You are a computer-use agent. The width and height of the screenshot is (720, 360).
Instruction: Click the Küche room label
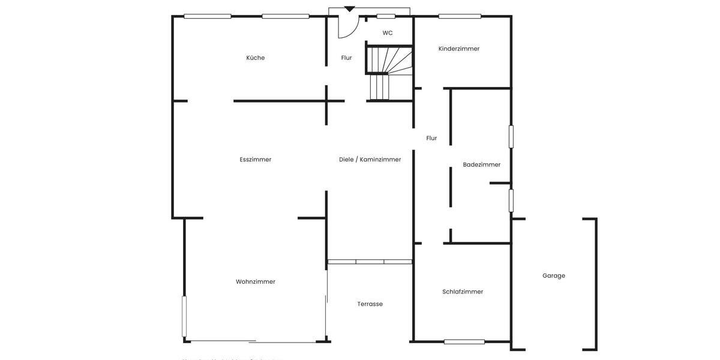[256, 58]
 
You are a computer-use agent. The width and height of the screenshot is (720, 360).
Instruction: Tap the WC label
[388, 33]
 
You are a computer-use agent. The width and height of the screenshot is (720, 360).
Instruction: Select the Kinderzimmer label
[459, 49]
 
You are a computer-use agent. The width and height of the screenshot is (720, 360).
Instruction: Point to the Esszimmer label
[256, 160]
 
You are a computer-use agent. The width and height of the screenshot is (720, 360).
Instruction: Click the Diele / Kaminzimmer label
[370, 160]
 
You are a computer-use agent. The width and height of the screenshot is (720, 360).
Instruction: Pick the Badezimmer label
[482, 164]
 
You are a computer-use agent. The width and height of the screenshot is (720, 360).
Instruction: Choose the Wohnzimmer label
[256, 282]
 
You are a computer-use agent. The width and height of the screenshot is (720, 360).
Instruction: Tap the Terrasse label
[370, 304]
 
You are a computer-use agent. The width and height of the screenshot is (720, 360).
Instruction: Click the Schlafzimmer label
[463, 292]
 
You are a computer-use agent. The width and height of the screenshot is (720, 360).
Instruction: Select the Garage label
[554, 276]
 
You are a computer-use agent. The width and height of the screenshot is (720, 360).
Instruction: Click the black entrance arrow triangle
[349, 9]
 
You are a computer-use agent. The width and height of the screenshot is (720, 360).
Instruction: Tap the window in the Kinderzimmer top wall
[460, 16]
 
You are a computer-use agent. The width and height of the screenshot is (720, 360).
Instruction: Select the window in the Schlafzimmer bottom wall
[464, 342]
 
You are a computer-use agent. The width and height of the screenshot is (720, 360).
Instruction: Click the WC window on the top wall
[386, 16]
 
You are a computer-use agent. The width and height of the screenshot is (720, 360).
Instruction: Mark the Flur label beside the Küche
[347, 58]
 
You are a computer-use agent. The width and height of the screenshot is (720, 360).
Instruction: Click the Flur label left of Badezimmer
[431, 138]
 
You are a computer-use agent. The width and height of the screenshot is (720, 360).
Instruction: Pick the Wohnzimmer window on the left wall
[184, 316]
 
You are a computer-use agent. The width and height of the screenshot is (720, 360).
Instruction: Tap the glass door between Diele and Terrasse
[370, 262]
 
